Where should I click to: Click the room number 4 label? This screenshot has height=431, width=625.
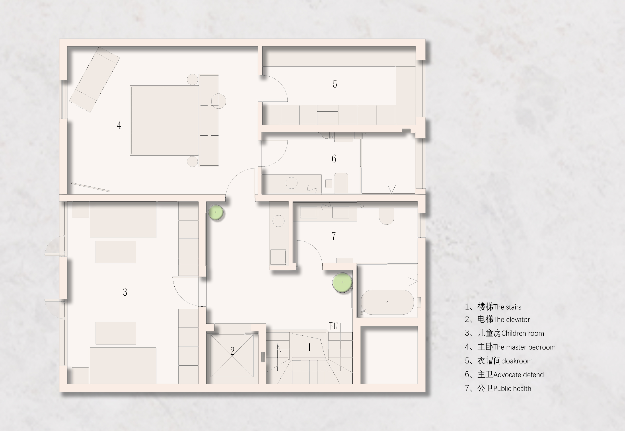pyautogui.click(x=119, y=125)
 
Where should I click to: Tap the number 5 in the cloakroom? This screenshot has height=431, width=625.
pyautogui.click(x=335, y=84)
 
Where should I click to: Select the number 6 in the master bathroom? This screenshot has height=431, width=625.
pyautogui.click(x=334, y=159)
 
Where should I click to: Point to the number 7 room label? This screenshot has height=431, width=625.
pyautogui.click(x=334, y=236)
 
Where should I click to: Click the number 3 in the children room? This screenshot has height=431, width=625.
pyautogui.click(x=125, y=292)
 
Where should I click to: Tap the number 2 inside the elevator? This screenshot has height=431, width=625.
pyautogui.click(x=232, y=351)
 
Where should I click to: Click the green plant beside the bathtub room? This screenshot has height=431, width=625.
pyautogui.click(x=342, y=282)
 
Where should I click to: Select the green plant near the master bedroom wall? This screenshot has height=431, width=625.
pyautogui.click(x=216, y=212)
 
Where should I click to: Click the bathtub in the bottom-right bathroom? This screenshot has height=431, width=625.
pyautogui.click(x=387, y=302)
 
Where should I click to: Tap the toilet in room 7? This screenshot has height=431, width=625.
pyautogui.click(x=386, y=216)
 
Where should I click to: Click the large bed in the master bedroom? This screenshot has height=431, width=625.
pyautogui.click(x=165, y=120)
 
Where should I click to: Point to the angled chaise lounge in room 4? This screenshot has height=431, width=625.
pyautogui.click(x=95, y=79)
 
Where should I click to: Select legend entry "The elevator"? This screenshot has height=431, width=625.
pyautogui.click(x=511, y=320)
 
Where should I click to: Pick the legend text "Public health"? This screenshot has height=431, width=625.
pyautogui.click(x=512, y=389)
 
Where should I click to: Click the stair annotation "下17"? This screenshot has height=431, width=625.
pyautogui.click(x=333, y=326)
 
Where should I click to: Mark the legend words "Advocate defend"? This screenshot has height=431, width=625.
pyautogui.click(x=519, y=375)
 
